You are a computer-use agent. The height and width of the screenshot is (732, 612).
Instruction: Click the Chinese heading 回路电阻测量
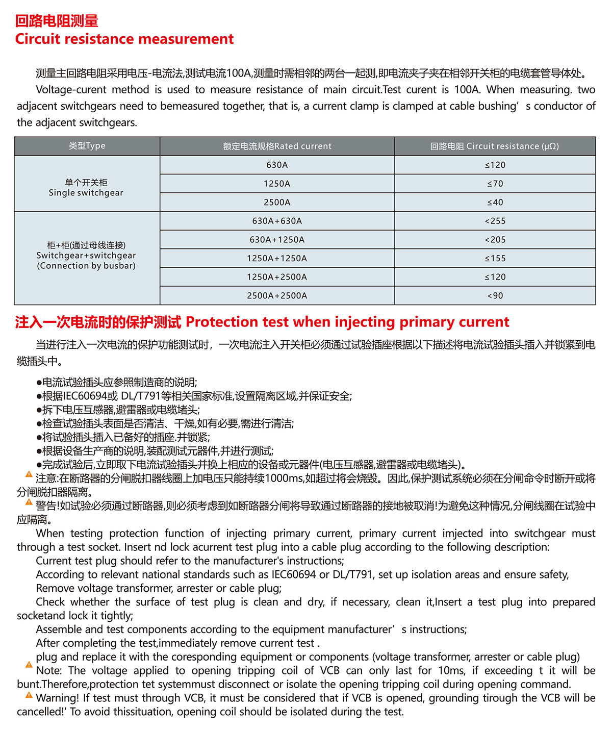coord(57,21)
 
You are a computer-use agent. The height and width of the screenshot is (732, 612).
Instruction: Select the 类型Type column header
coord(87,146)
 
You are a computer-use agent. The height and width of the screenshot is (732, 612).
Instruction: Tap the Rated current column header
coord(277,146)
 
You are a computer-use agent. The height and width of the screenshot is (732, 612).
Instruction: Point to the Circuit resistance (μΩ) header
coord(494,146)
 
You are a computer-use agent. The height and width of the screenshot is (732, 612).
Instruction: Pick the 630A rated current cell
coord(277,165)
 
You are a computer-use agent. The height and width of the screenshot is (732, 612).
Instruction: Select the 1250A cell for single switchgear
coord(277,184)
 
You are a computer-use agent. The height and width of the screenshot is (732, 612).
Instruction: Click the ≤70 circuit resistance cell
coord(495,184)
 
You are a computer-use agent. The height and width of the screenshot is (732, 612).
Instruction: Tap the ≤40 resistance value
coord(495,203)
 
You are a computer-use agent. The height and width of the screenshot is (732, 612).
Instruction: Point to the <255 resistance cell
coord(495,221)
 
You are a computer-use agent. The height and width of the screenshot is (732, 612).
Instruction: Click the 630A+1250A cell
coord(277,240)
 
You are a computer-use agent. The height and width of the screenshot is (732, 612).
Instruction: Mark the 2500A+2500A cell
coord(277,296)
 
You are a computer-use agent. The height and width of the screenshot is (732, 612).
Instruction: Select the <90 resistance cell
coord(495,296)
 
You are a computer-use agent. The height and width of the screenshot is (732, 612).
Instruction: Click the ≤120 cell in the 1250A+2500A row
coord(495,277)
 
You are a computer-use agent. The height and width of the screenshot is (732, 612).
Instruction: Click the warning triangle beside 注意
coord(29,475)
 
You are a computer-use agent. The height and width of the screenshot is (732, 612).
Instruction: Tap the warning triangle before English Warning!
coord(29,695)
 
